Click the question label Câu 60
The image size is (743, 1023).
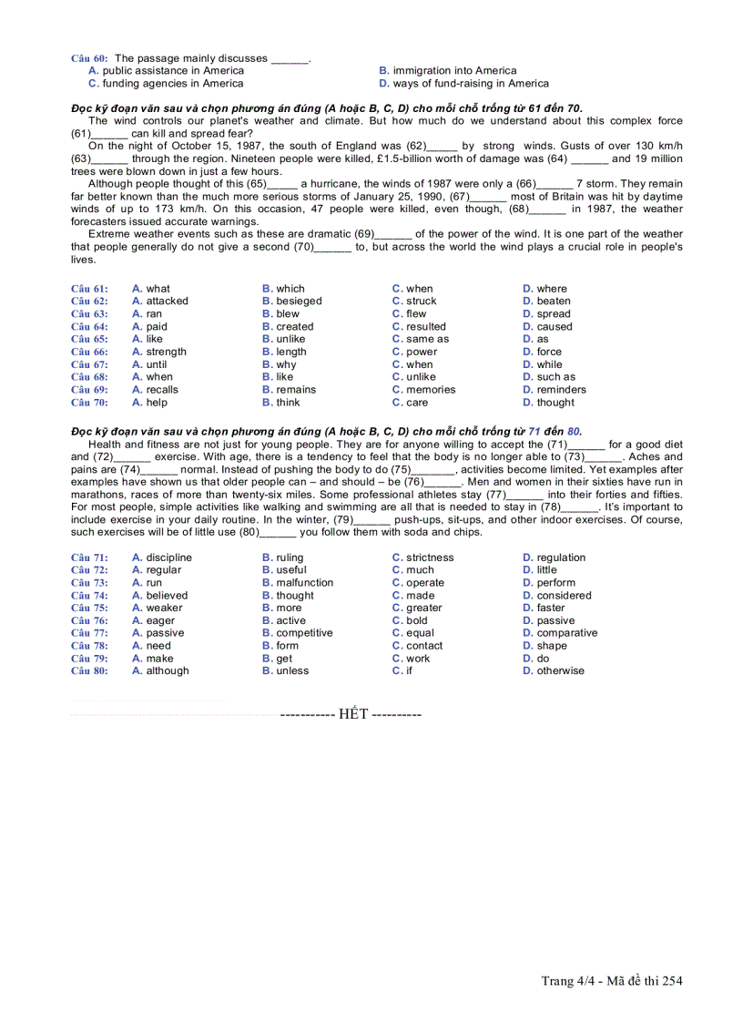point(88,58)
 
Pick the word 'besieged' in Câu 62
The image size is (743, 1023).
point(299,301)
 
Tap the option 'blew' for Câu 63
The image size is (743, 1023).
point(288,313)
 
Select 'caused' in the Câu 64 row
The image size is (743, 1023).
point(555,326)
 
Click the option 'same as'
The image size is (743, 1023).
point(427,339)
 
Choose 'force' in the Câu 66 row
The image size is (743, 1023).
point(549,352)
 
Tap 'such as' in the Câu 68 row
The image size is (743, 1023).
point(555,376)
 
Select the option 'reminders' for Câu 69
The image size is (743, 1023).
point(561,389)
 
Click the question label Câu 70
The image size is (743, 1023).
point(89,402)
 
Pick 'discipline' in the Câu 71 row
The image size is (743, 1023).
point(168,558)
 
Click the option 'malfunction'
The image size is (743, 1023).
point(304,582)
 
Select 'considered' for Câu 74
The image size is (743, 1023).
point(564,595)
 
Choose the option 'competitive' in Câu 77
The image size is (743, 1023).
point(304,632)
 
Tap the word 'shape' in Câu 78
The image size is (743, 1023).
point(551,645)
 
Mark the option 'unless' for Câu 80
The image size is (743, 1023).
point(292,670)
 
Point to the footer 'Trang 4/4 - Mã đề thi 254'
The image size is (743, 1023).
point(612,980)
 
